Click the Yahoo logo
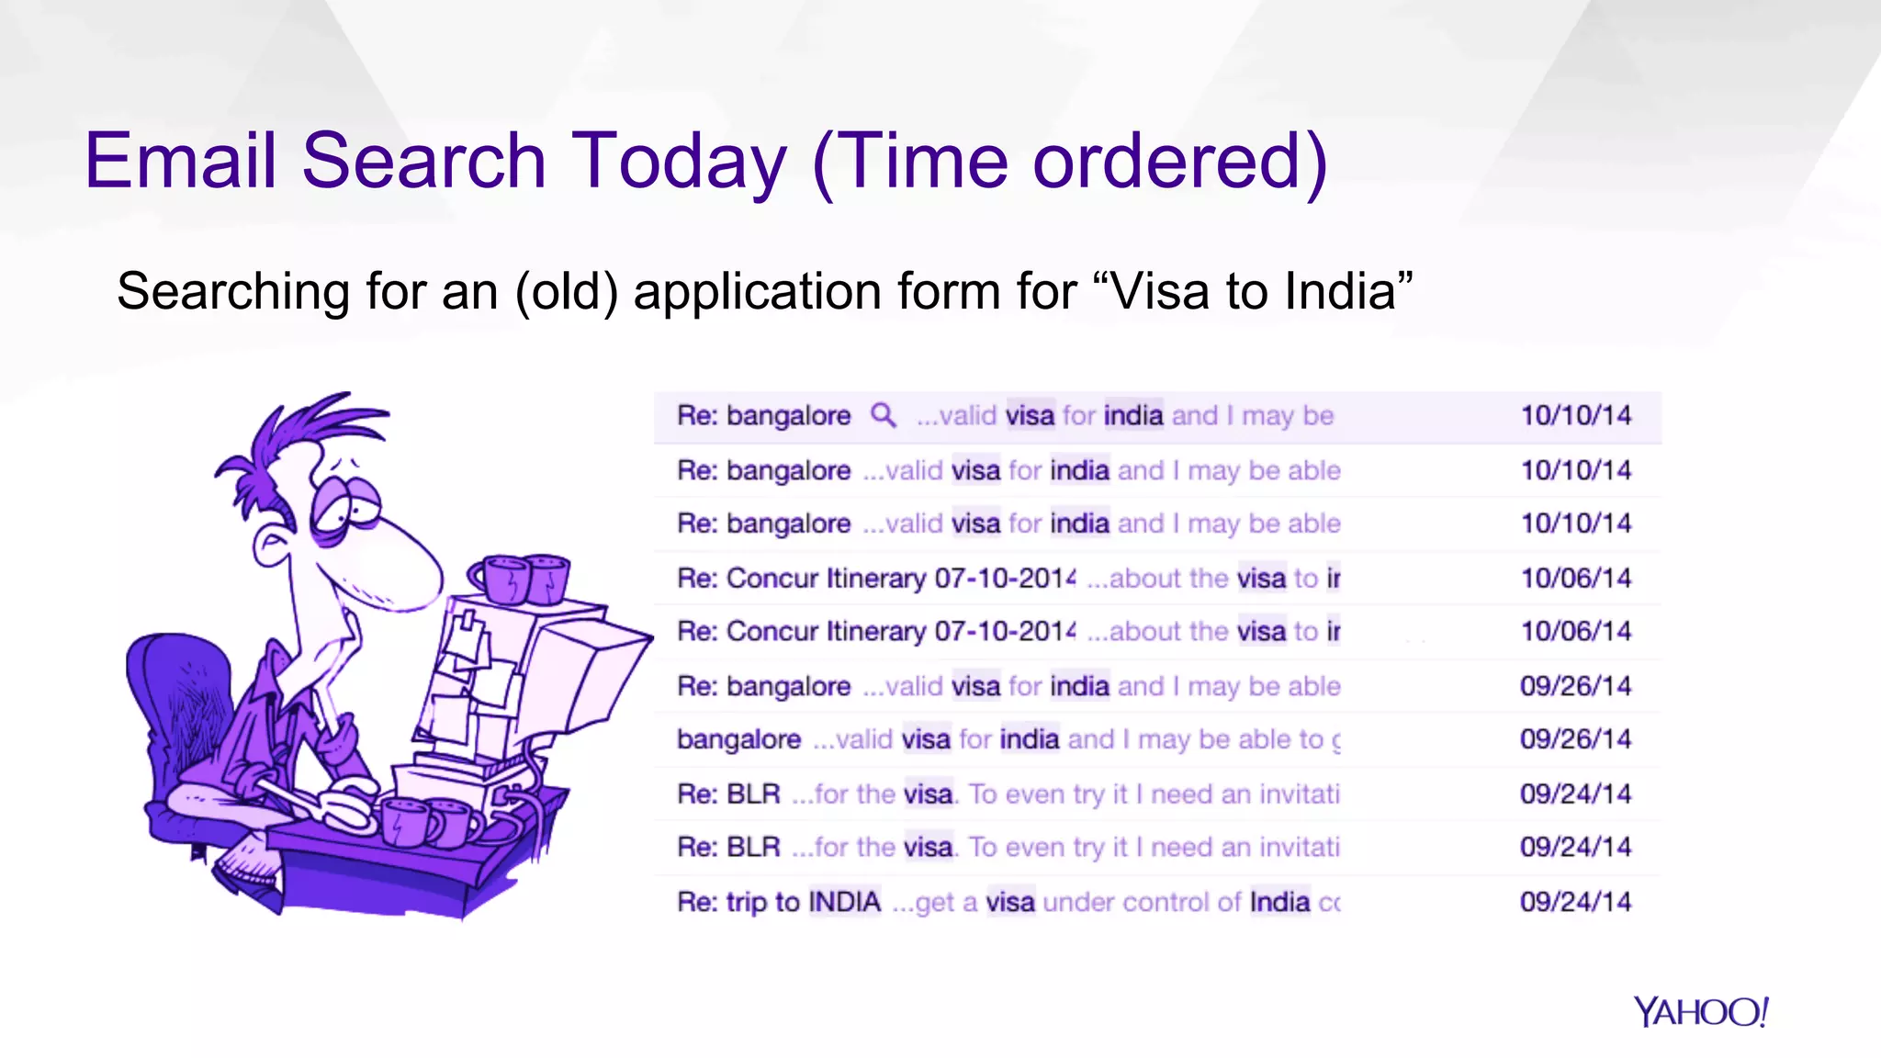point(1700,1012)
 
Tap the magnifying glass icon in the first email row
point(883,415)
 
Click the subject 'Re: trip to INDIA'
point(779,902)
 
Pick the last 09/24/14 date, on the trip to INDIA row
point(1575,901)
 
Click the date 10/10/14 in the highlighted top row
point(1575,415)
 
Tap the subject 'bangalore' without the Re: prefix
point(738,739)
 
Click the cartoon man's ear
point(273,546)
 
